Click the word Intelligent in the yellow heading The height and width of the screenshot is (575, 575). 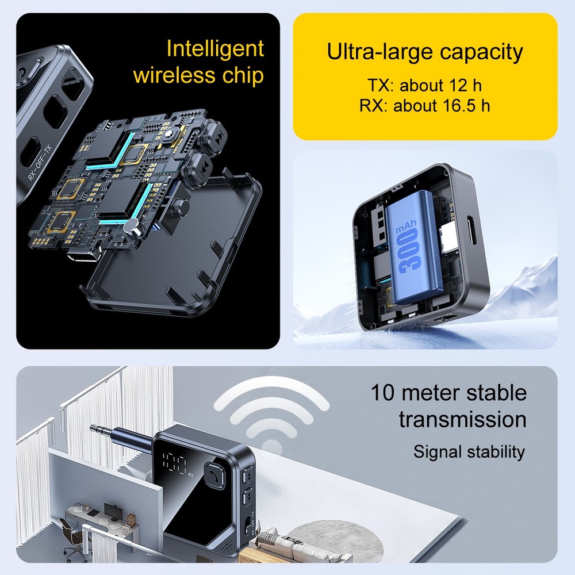pyautogui.click(x=215, y=49)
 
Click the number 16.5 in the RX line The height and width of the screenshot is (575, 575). pyautogui.click(x=460, y=105)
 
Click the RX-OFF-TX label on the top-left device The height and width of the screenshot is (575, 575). pyautogui.click(x=40, y=163)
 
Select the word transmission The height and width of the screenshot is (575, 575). pyautogui.click(x=463, y=420)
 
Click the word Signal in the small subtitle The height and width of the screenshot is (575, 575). pyautogui.click(x=437, y=452)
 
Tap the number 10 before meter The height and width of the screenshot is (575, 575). pyautogui.click(x=383, y=392)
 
